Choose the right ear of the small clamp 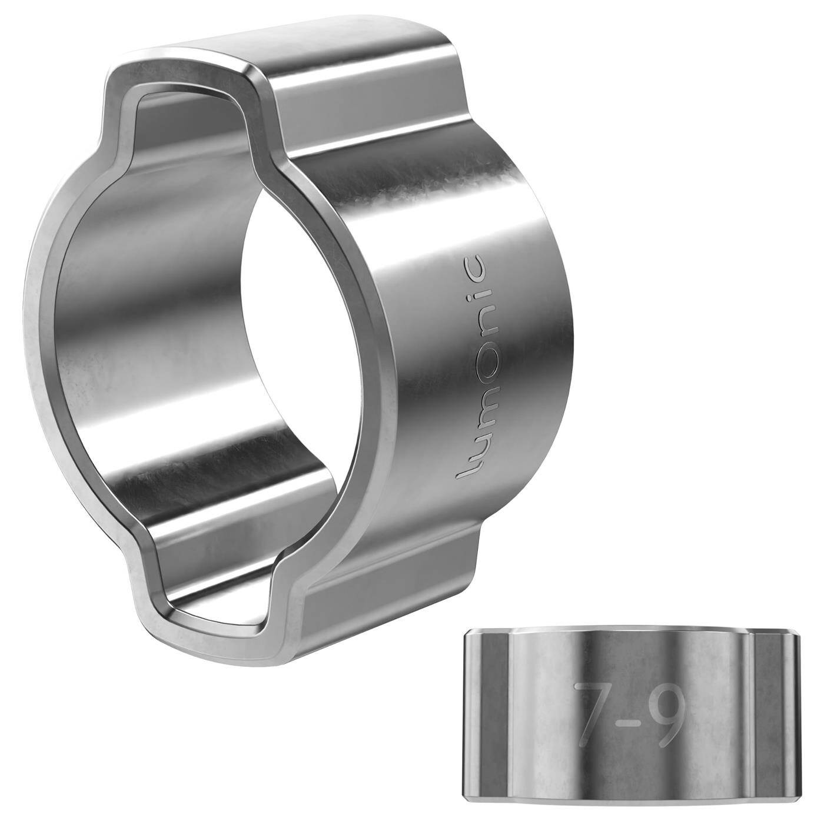(777, 724)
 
